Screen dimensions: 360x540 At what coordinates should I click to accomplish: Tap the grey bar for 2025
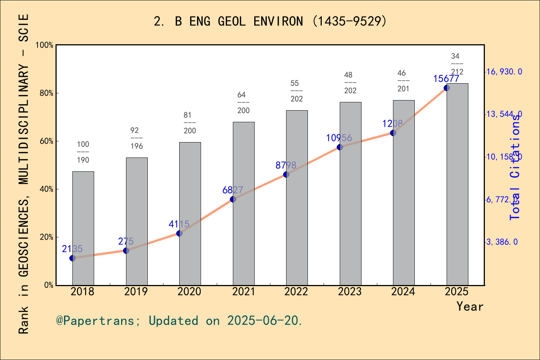(x=457, y=184)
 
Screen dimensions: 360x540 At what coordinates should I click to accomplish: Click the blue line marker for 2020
(x=179, y=233)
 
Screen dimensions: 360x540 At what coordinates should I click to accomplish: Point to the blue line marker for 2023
(x=340, y=147)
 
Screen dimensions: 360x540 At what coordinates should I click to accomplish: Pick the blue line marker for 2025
(x=447, y=88)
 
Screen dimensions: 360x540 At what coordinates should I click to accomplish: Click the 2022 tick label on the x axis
(x=296, y=291)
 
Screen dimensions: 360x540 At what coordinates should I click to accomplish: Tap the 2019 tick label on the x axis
(x=136, y=291)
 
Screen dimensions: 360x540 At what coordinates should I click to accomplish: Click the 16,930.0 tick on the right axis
(x=504, y=72)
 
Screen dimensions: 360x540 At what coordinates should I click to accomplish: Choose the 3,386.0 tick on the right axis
(x=502, y=242)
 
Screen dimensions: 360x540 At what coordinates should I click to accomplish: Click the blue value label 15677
(x=446, y=79)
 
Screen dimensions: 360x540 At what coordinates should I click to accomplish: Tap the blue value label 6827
(x=232, y=190)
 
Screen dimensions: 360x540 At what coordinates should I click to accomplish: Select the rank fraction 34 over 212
(x=456, y=64)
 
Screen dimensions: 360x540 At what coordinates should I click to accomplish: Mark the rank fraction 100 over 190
(x=83, y=152)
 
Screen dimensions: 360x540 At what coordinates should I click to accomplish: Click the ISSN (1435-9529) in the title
(x=349, y=21)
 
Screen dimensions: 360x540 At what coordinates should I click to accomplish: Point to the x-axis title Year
(x=470, y=306)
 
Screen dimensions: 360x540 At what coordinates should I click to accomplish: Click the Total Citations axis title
(x=515, y=167)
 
